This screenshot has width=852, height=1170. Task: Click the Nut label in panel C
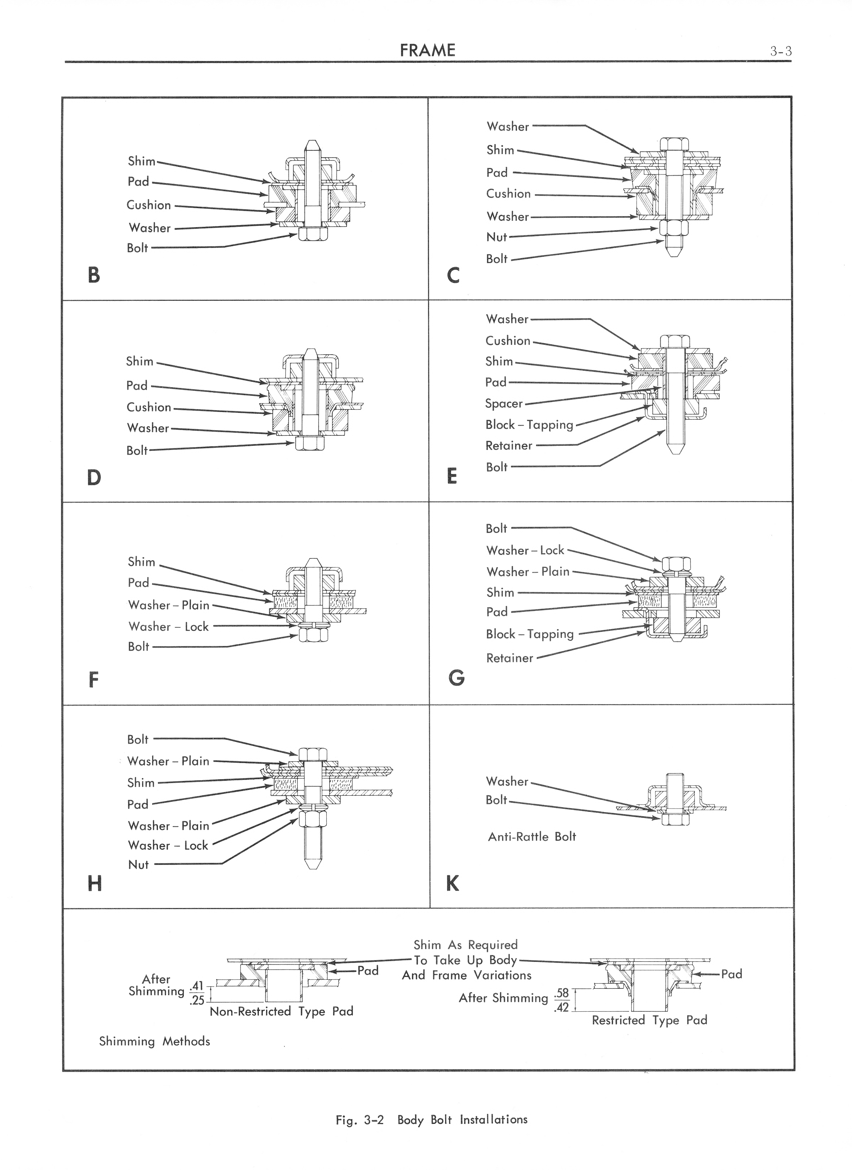click(x=497, y=237)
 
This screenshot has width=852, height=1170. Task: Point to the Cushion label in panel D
click(x=149, y=407)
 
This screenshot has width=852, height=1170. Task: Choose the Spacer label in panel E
click(x=504, y=403)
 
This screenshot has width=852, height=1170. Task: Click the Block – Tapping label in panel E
click(x=529, y=425)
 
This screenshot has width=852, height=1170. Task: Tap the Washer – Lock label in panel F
click(x=168, y=626)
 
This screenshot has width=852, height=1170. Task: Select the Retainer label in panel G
click(x=509, y=658)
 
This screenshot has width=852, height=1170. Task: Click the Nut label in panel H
click(x=138, y=865)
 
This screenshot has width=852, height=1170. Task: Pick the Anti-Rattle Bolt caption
click(x=531, y=837)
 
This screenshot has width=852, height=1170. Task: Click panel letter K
click(x=452, y=884)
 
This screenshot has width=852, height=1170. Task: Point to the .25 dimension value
click(x=197, y=1001)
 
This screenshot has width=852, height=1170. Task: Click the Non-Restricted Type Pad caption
click(x=281, y=1012)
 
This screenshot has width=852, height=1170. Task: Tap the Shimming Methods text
click(x=154, y=1041)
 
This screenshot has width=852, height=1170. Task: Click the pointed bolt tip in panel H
click(x=313, y=862)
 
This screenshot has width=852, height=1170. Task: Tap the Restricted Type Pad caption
click(x=649, y=1020)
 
